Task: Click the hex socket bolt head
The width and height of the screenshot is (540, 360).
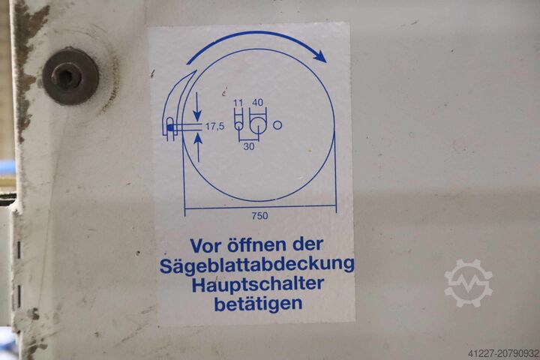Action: (x=70, y=76)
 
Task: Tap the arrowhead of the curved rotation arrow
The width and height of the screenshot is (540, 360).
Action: (x=320, y=56)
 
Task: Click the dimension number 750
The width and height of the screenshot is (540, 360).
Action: (x=259, y=216)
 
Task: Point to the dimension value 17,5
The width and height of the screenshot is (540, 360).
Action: (x=214, y=127)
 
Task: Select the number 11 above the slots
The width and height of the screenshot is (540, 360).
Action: (x=238, y=102)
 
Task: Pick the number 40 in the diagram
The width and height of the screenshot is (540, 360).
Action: (x=258, y=102)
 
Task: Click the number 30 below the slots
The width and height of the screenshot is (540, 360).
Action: (x=248, y=146)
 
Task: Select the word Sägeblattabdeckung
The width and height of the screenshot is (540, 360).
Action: (x=257, y=265)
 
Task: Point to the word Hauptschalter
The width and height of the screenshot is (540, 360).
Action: (x=257, y=284)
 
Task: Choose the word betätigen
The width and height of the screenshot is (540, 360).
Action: (x=257, y=304)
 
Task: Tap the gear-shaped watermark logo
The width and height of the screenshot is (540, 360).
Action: (x=468, y=283)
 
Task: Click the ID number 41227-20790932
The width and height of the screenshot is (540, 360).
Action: (x=493, y=351)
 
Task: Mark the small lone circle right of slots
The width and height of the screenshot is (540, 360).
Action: (x=277, y=125)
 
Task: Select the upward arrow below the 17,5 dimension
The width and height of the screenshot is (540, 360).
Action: (x=197, y=148)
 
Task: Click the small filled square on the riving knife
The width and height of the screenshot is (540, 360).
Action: (x=171, y=129)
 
